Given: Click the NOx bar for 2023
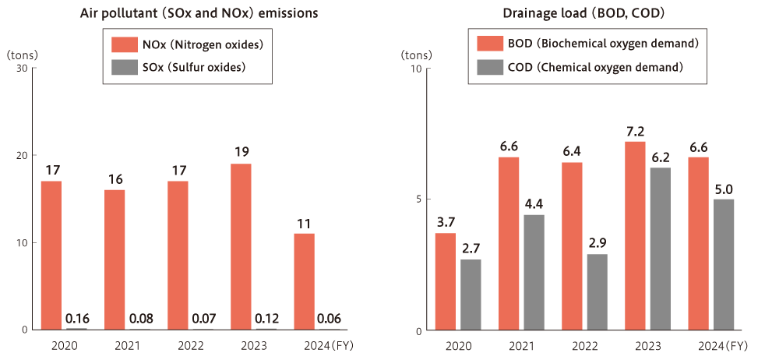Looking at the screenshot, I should [x=241, y=246].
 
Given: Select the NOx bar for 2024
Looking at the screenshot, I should [x=304, y=281].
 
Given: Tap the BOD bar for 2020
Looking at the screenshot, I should [x=446, y=281].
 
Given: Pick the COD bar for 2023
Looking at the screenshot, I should [x=660, y=249].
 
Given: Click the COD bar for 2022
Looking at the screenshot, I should [x=597, y=291].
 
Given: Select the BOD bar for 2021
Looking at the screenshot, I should [x=509, y=243].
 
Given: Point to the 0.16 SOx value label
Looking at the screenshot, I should [x=76, y=318].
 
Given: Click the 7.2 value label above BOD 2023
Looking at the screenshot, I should [x=635, y=131].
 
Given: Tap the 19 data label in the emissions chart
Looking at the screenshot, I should [x=241, y=152].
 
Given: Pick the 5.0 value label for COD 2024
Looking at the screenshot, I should [x=724, y=189].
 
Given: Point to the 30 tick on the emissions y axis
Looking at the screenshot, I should [x=21, y=69].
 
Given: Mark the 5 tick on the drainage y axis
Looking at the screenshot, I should [x=418, y=199].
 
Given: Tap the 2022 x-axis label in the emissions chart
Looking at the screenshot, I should [x=189, y=345].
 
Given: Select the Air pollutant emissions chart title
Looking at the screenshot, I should [x=199, y=14].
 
